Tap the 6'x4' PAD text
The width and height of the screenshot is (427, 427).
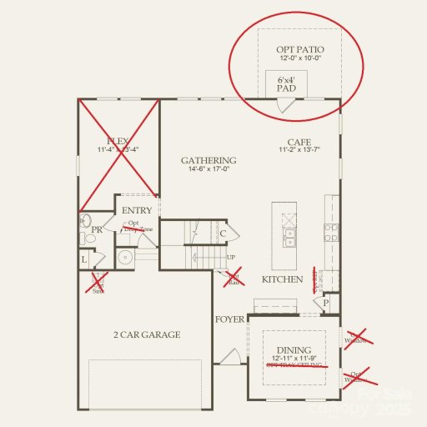point(286,82)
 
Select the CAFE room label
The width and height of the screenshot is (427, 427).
point(299,142)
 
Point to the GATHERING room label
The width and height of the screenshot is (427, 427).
point(208,160)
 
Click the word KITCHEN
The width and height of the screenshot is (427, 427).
point(282,279)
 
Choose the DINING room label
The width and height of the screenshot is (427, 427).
point(294,350)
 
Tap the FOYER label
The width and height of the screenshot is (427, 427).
point(229,319)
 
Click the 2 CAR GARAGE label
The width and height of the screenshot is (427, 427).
point(147,334)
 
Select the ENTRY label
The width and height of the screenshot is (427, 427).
point(137,211)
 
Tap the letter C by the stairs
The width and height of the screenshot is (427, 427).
point(223,234)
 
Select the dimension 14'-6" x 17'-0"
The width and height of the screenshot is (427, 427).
point(208,170)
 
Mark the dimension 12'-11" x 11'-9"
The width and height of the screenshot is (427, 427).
point(294,359)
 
